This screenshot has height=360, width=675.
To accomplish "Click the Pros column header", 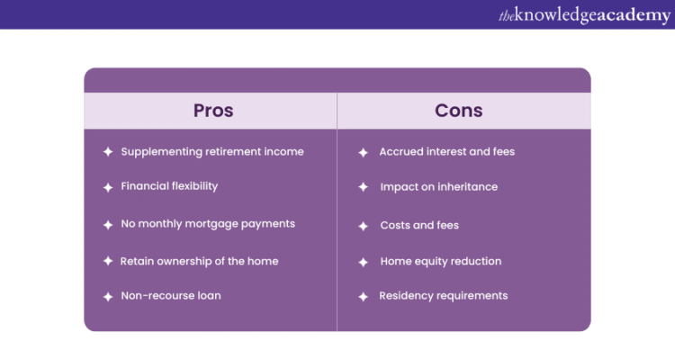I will tap(213, 111).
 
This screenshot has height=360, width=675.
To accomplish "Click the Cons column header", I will tap(459, 111).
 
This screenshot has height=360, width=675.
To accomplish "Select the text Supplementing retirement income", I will tap(212, 151).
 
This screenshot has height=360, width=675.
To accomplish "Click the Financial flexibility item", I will tap(169, 186).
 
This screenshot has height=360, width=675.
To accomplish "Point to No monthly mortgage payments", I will tap(208, 223).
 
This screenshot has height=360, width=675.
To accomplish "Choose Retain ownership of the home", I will tap(200, 261).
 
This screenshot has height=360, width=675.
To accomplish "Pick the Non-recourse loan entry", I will tap(171, 295).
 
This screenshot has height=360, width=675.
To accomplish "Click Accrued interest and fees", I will tap(447, 151).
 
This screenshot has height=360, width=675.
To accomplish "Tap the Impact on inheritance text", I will tap(438, 187).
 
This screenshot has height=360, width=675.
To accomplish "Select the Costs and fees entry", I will tap(419, 225).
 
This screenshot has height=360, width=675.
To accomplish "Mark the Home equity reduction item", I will tap(441, 261).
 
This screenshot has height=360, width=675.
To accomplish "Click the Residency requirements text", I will tap(444, 295).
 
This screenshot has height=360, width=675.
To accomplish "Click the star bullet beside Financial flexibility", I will tap(108, 187).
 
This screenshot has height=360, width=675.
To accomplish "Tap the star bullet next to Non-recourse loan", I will tap(108, 296).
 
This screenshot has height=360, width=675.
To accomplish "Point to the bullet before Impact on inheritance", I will tap(364, 188).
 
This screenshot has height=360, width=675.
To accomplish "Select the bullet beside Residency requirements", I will tap(364, 296).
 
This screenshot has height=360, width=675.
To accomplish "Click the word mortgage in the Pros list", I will tap(222, 224).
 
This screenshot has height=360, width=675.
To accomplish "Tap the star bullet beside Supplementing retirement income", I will tap(108, 152).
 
